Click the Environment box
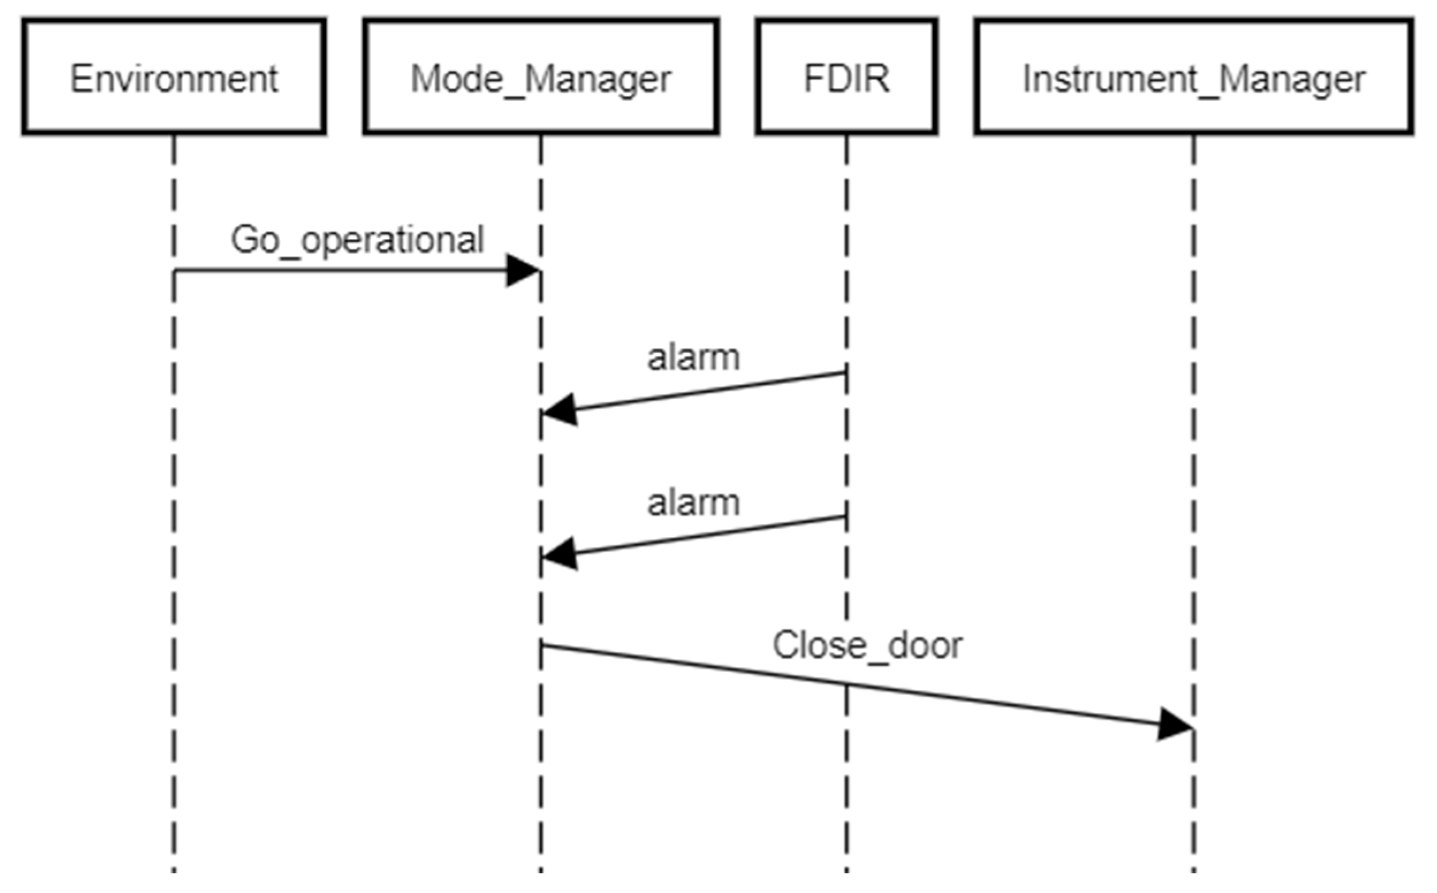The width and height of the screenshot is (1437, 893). pos(174,77)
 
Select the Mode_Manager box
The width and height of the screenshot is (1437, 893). pos(541,77)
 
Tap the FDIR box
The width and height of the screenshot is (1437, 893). pos(846,77)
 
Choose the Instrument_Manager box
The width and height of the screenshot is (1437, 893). pos(1193,77)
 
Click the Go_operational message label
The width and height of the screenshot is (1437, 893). pos(357,240)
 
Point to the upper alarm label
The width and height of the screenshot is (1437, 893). pos(693,358)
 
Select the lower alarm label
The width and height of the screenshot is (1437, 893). pos(693,503)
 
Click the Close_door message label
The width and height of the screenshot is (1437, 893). pos(868,645)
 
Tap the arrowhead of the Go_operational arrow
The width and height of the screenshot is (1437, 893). pos(524,270)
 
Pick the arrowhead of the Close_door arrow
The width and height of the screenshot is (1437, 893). pos(1176,724)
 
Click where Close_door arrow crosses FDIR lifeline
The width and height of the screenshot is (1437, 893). pos(846,684)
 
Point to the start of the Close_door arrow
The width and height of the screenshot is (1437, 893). pos(542,645)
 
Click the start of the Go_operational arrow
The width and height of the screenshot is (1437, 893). pos(175,271)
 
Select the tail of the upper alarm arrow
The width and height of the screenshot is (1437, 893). pos(845,372)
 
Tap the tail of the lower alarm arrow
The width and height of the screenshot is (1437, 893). pos(845,517)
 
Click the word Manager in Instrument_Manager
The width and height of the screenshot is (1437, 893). pos(1293,79)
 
